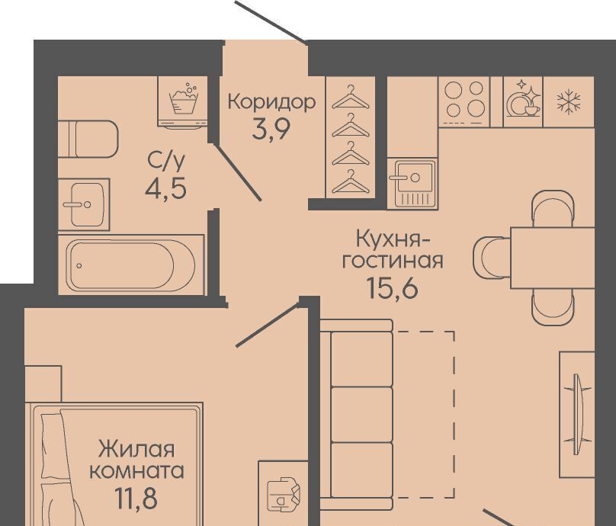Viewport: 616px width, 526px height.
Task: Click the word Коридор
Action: [271, 103]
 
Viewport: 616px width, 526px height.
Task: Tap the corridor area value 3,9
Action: [271, 129]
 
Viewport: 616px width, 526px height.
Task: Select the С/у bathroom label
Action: [166, 161]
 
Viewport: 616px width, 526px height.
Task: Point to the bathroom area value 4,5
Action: [165, 189]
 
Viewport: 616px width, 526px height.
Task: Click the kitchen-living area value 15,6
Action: [393, 288]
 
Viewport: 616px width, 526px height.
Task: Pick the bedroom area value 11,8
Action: [136, 498]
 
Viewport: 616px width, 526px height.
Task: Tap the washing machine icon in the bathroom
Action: [183, 101]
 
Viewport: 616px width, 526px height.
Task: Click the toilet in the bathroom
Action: [88, 139]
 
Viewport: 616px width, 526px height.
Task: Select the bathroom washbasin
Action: [84, 204]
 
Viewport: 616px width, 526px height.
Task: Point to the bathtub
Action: [131, 265]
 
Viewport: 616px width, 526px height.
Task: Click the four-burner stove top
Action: [464, 101]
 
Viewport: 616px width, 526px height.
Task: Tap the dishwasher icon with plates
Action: [522, 101]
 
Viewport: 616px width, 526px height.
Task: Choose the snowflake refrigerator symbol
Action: [569, 101]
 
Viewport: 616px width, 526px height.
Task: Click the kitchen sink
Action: [412, 183]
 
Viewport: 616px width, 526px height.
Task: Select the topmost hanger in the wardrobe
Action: [351, 98]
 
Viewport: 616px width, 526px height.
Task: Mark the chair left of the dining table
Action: [492, 258]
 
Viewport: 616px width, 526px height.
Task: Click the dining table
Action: [553, 258]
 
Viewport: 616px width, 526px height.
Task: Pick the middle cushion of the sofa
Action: [362, 415]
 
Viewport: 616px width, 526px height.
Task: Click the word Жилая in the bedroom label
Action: [136, 448]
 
